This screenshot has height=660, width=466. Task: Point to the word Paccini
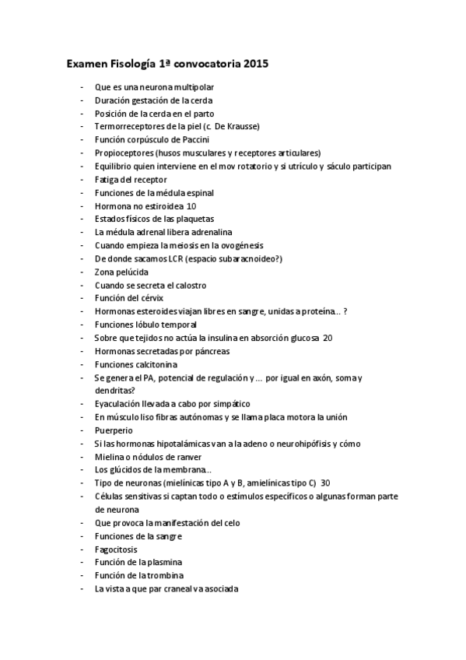(191, 140)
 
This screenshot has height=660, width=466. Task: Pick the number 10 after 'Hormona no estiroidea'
(191, 206)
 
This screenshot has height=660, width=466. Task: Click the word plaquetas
(194, 219)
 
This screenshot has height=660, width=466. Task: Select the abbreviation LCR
(180, 259)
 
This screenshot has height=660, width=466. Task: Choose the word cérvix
(150, 299)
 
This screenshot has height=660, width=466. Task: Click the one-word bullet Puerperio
(114, 430)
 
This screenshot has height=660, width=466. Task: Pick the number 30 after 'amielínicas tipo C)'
(325, 483)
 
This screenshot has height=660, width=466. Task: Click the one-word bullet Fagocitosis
(116, 549)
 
